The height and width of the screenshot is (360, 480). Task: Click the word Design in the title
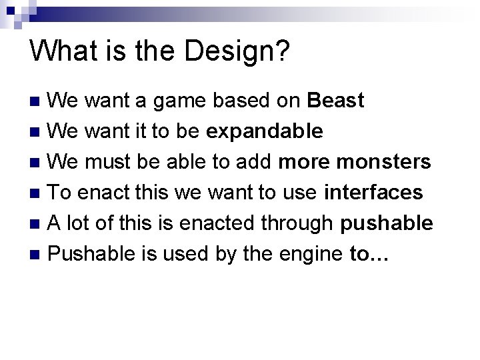235,53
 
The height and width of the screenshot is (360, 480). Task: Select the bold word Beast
336,101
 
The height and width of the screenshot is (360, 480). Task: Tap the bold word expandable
265,131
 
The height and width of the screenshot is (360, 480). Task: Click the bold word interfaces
373,193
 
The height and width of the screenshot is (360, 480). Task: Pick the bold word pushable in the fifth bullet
386,223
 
